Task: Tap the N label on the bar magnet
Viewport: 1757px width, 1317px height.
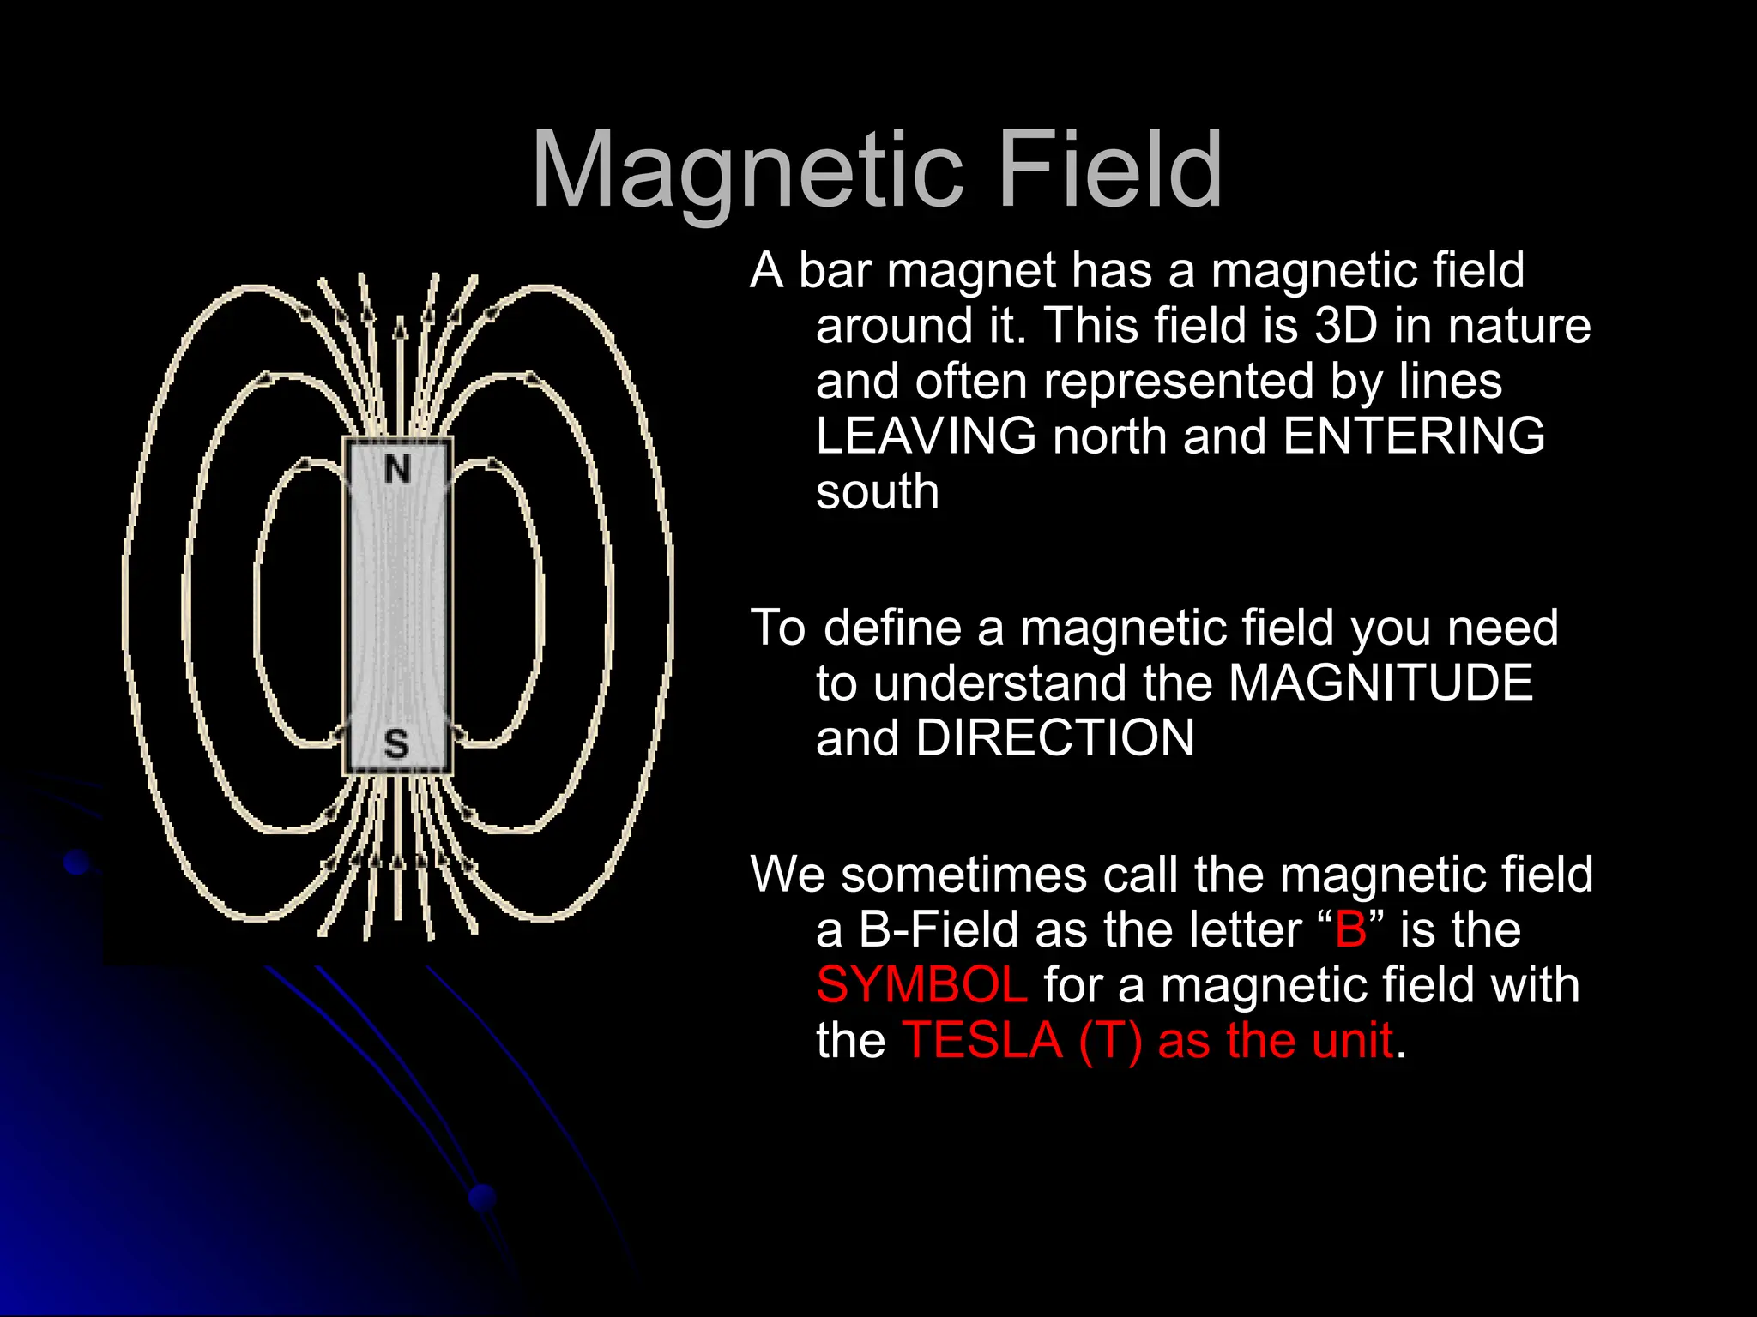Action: pyautogui.click(x=397, y=470)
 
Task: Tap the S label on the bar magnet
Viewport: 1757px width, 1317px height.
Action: pyautogui.click(x=395, y=743)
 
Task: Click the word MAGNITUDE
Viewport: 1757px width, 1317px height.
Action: pyautogui.click(x=1380, y=683)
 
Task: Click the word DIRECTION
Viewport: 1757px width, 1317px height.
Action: pyautogui.click(x=1054, y=738)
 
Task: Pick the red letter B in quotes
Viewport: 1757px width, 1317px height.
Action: pyautogui.click(x=1351, y=930)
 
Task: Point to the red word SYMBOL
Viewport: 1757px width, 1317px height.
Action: pyautogui.click(x=921, y=985)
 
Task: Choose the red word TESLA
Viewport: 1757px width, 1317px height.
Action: pyautogui.click(x=982, y=1041)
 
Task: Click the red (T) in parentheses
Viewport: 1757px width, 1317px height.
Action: pyautogui.click(x=1110, y=1041)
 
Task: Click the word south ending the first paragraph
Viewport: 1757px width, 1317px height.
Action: pyautogui.click(x=877, y=492)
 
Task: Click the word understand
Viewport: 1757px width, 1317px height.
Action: pyautogui.click(x=999, y=683)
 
